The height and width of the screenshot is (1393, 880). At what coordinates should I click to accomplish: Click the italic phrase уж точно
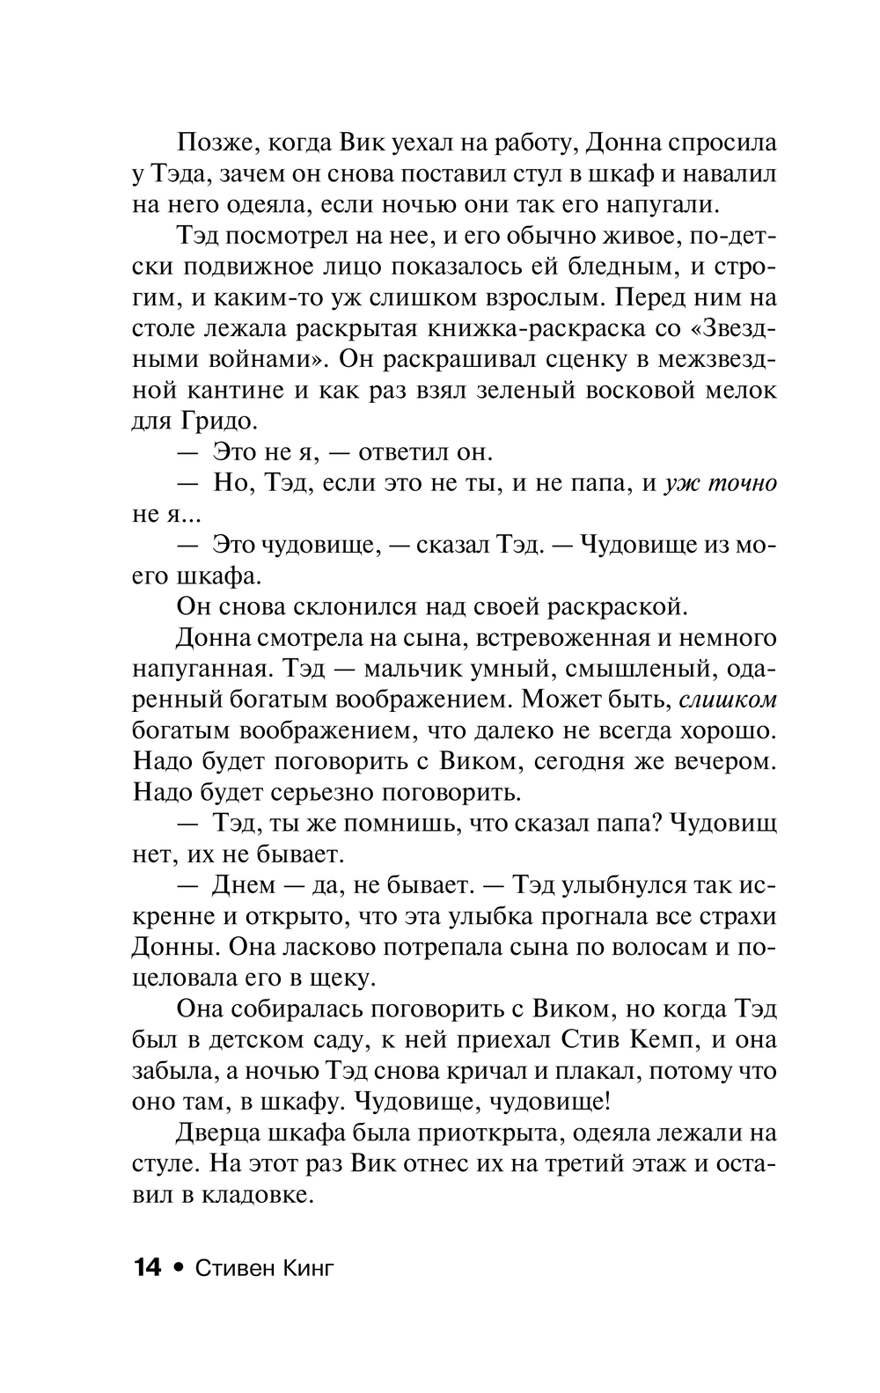coord(722,483)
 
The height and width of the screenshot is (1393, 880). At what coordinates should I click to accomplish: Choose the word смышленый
coord(625,669)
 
